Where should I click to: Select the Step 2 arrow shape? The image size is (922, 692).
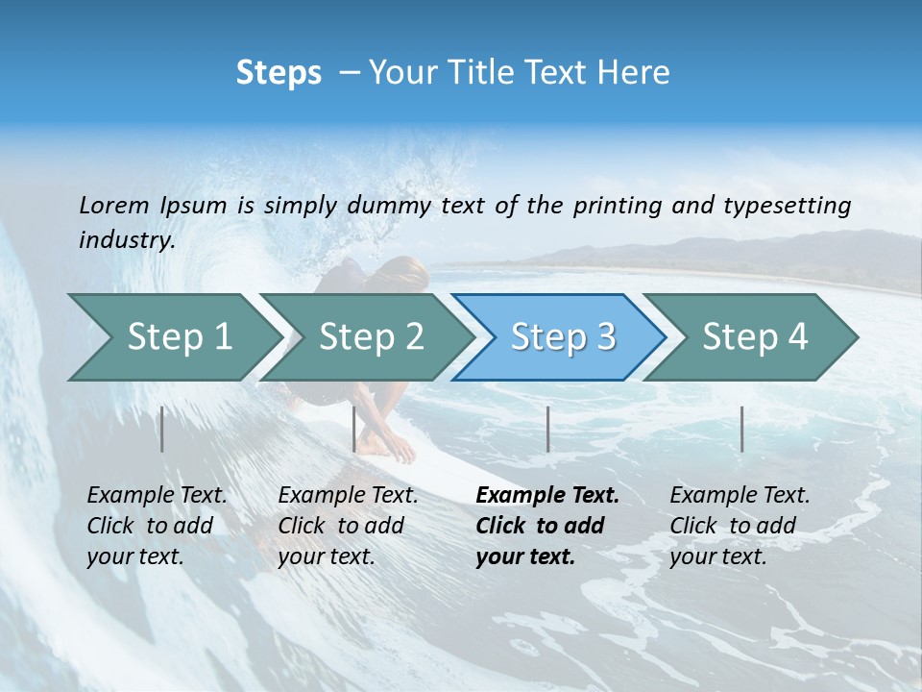point(371,336)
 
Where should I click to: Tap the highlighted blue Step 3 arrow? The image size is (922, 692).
point(563,336)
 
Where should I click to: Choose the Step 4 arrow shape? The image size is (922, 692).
point(755,336)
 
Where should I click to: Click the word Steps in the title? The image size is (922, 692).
point(279,73)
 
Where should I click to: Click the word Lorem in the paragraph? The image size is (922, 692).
point(114,206)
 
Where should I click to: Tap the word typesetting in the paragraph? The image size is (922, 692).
point(788,206)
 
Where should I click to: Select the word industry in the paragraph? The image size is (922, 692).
point(126,240)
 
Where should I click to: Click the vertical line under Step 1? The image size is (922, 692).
point(162,429)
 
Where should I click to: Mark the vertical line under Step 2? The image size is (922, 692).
point(354,429)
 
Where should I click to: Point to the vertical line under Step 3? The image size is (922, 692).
point(547,429)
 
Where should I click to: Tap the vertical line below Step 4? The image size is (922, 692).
point(741,429)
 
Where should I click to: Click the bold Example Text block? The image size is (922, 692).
point(546,526)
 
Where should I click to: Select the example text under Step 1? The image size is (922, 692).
point(157,526)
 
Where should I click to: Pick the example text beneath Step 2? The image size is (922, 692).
point(348,526)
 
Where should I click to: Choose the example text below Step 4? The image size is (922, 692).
point(740,526)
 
